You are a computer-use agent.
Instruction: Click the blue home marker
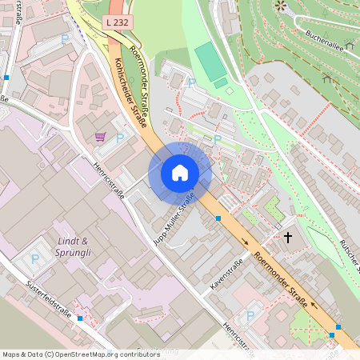point(180,173)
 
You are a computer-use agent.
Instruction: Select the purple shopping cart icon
point(100,137)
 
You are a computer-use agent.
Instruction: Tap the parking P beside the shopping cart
point(120,138)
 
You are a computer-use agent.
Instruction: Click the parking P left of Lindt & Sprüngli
point(35,258)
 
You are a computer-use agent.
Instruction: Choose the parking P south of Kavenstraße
point(250,316)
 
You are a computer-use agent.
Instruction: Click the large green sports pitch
point(210,61)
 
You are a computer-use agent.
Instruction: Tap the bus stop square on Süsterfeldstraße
point(80,318)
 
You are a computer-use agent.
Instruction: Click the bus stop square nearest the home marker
point(218,217)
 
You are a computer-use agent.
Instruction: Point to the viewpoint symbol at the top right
point(280,6)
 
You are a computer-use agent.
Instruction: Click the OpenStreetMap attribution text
point(80,354)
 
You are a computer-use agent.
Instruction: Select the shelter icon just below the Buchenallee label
point(327,78)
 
